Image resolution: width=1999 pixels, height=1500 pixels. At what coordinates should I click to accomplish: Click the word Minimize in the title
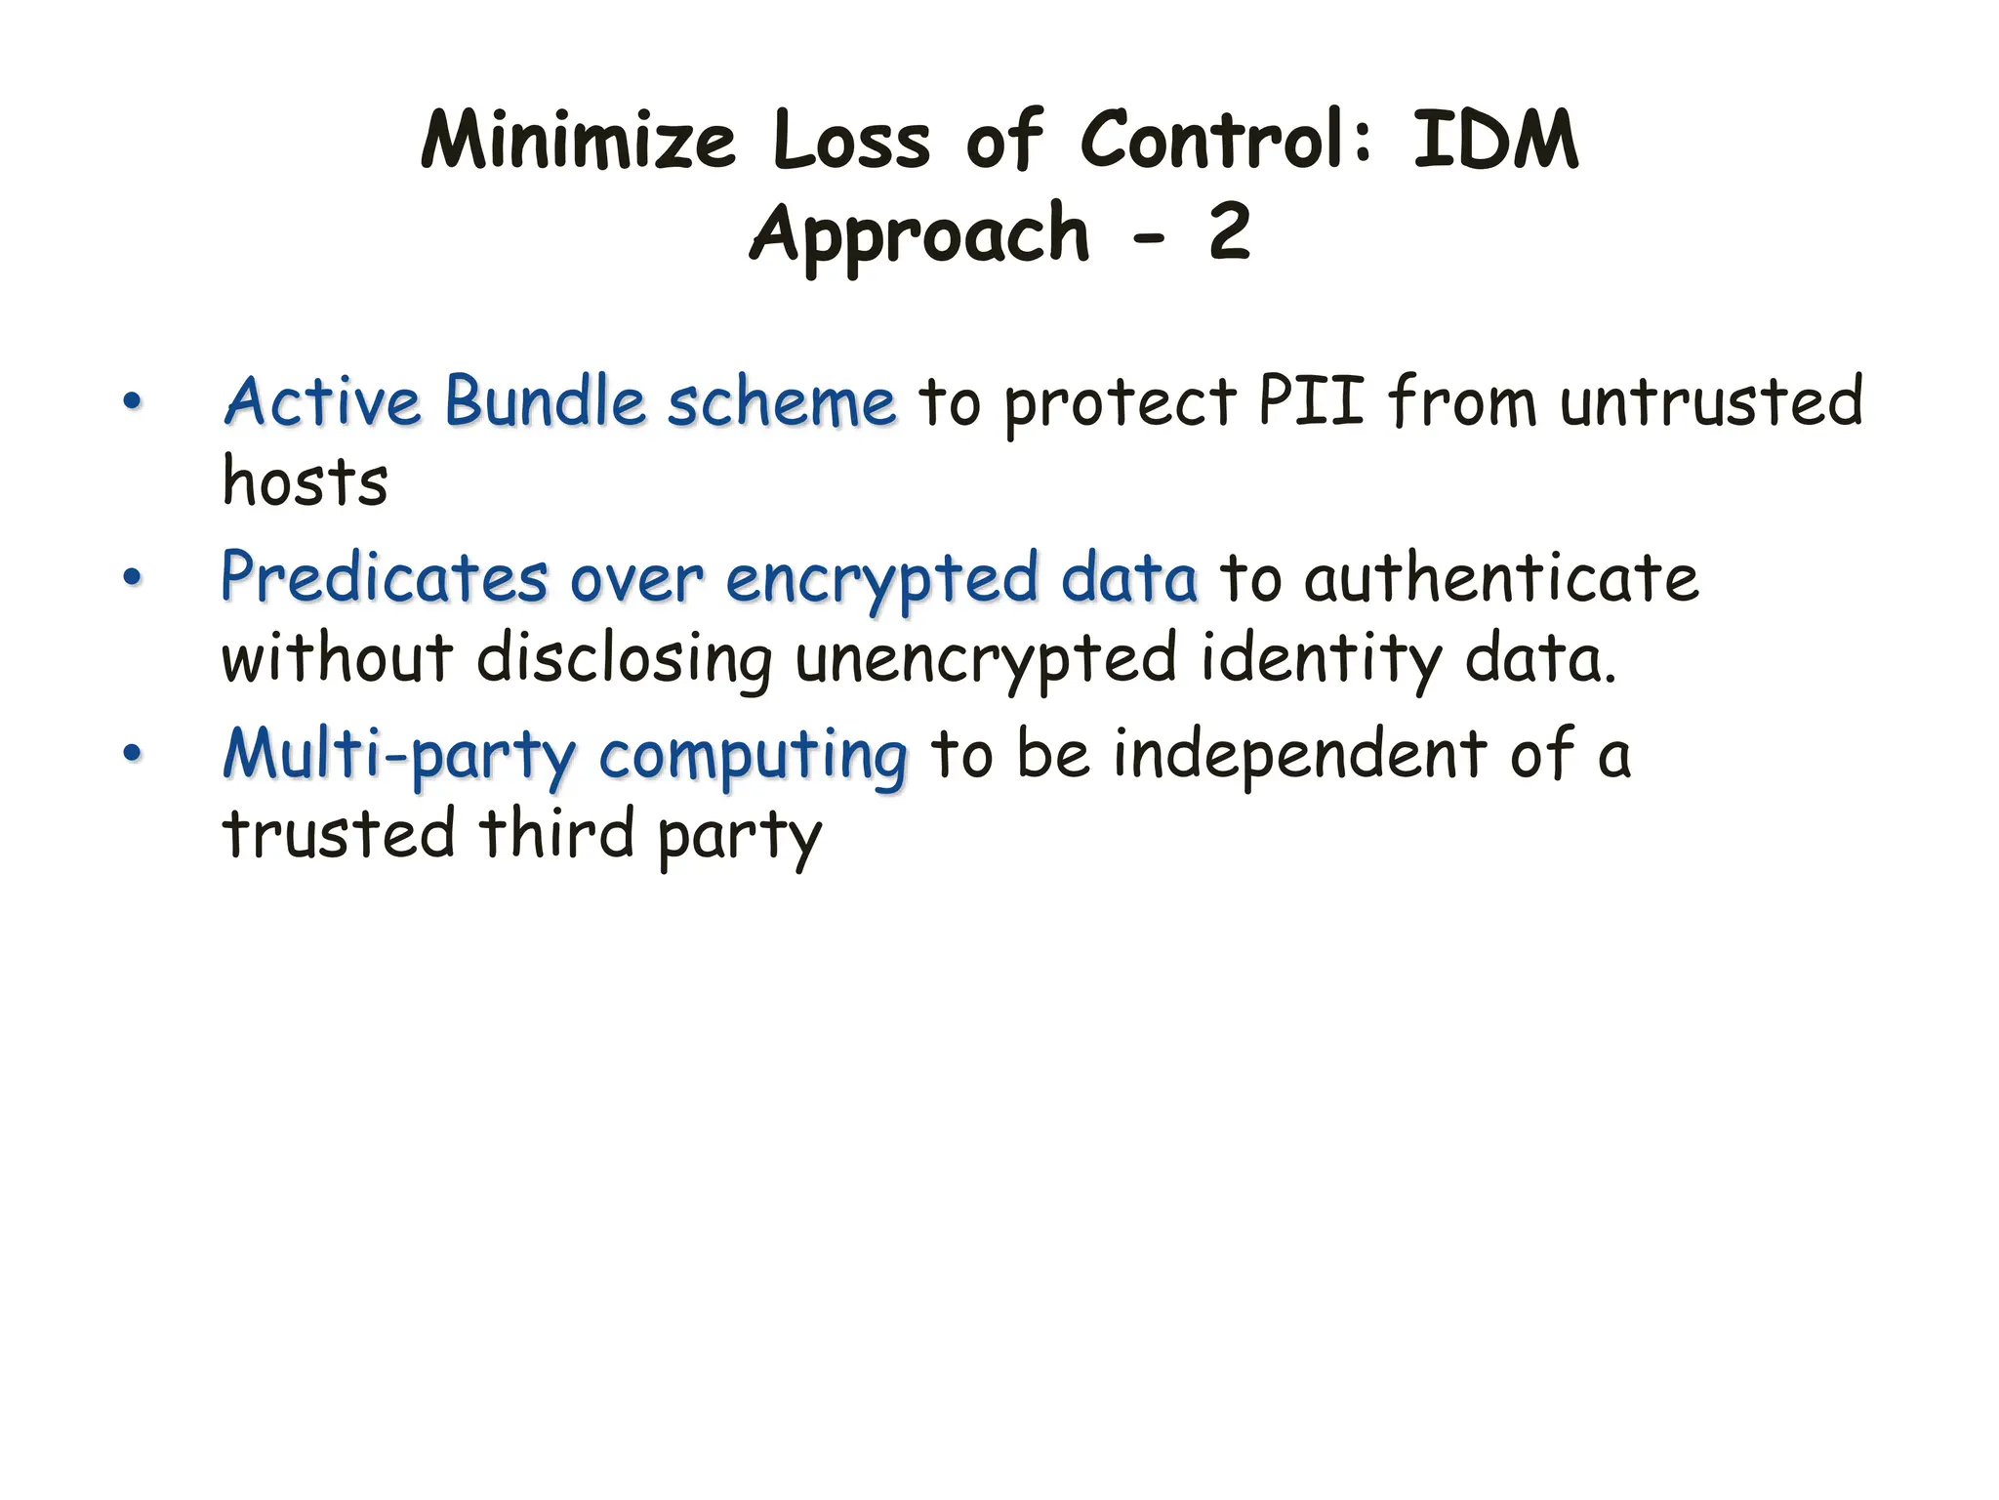pyautogui.click(x=577, y=142)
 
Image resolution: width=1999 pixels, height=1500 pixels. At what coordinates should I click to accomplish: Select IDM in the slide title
pyautogui.click(x=1494, y=142)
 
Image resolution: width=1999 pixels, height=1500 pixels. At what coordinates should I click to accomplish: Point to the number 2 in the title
pyautogui.click(x=1229, y=234)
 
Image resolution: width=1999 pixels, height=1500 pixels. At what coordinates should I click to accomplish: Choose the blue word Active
pyautogui.click(x=323, y=401)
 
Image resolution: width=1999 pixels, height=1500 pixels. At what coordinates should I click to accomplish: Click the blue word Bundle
pyautogui.click(x=545, y=401)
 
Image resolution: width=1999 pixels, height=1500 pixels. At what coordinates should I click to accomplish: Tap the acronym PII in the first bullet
pyautogui.click(x=1310, y=401)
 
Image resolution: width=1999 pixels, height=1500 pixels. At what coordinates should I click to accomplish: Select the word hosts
pyautogui.click(x=305, y=481)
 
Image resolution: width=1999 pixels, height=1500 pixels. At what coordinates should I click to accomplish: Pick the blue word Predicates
pyautogui.click(x=385, y=578)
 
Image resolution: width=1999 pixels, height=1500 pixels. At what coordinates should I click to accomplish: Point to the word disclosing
pyautogui.click(x=625, y=659)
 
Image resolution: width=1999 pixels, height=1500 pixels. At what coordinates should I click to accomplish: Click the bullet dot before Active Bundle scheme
pyautogui.click(x=132, y=401)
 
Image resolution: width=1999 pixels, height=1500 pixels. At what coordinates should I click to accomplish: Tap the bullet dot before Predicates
pyautogui.click(x=132, y=577)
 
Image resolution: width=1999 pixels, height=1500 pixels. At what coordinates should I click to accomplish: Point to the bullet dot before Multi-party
pyautogui.click(x=132, y=754)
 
